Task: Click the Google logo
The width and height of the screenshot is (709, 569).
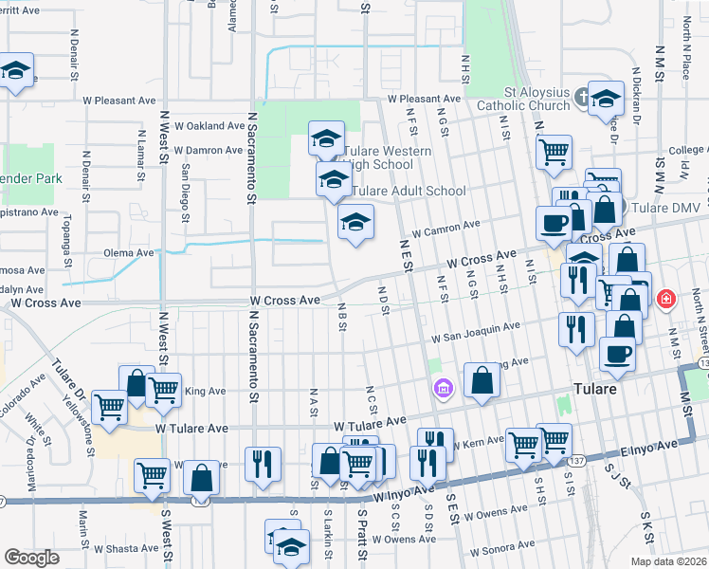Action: tap(31, 558)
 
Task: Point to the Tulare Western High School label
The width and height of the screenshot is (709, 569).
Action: tap(389, 157)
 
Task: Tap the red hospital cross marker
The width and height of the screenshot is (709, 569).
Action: tap(666, 299)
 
